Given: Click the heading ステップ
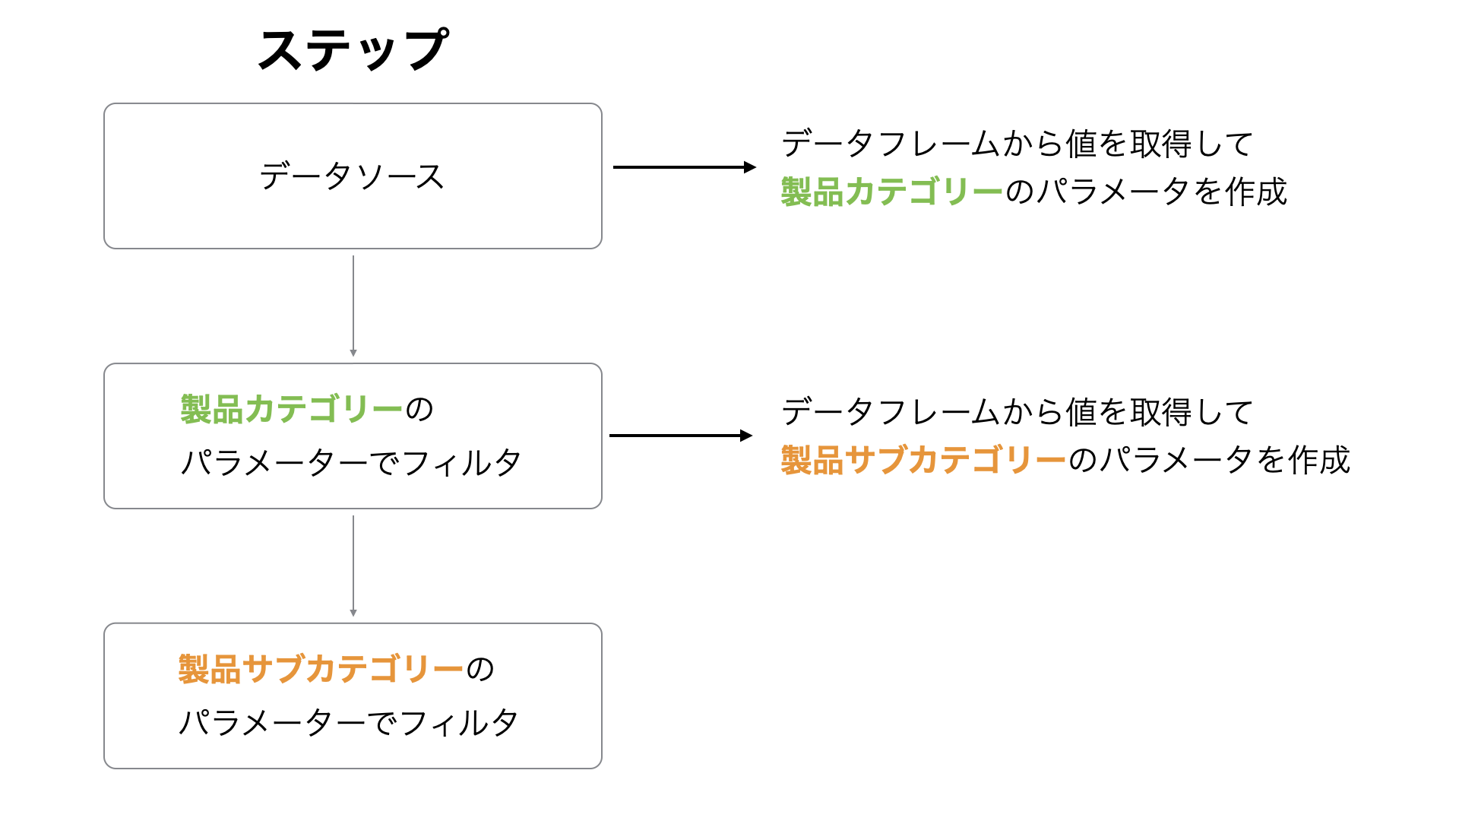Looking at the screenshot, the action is (353, 50).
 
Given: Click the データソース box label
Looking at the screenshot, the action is (352, 176).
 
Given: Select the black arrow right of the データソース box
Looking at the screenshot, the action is (685, 167).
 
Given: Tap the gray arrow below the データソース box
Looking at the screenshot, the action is (353, 306).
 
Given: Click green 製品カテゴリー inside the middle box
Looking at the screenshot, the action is (291, 409).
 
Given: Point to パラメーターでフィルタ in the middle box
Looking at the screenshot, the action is (350, 462).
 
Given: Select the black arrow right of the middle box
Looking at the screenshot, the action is (681, 436).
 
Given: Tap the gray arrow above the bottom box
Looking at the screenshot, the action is (353, 566).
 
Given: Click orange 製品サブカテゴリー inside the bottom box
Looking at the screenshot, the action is (321, 669).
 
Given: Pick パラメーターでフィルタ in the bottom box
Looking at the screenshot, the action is (348, 722).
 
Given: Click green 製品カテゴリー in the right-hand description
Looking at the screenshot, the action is (892, 192).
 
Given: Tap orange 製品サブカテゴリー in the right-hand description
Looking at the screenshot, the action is (924, 460).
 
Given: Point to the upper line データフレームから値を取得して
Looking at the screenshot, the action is (1018, 144).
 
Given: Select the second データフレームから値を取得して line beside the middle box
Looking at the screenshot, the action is (1018, 412).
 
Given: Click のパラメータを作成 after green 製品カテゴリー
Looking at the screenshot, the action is (1146, 192).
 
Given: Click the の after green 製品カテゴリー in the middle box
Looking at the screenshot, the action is (419, 410).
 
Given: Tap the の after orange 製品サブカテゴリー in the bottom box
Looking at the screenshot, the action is (480, 670).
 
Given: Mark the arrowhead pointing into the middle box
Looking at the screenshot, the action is (353, 353).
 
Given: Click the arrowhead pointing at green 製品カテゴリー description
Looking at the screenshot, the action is (750, 167).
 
